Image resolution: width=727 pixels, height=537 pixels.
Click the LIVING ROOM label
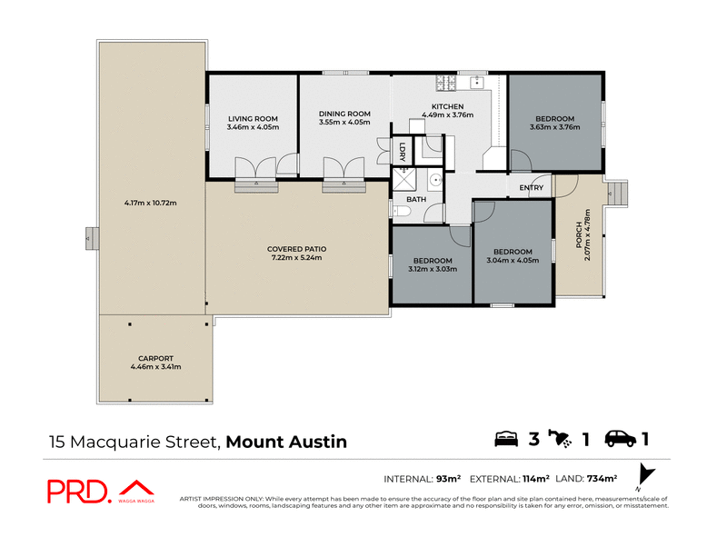[x=253, y=119]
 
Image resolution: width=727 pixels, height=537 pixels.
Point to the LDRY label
[x=402, y=152]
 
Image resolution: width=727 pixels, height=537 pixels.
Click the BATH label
[x=416, y=199]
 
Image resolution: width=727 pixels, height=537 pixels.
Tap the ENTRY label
[x=532, y=188]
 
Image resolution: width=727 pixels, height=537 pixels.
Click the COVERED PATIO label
[x=296, y=249]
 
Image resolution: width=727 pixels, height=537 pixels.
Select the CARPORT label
[x=155, y=358]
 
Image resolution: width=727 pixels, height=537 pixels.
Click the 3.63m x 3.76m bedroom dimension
[x=554, y=127]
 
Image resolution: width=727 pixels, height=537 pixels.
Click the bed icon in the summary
[x=506, y=440]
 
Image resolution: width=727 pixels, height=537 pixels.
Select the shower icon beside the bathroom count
[x=564, y=440]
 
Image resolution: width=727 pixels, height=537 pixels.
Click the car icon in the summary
[x=621, y=440]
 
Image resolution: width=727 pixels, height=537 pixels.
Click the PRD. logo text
[x=79, y=491]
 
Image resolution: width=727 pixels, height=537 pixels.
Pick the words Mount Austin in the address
[x=286, y=443]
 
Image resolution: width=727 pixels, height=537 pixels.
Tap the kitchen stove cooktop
[x=444, y=84]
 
